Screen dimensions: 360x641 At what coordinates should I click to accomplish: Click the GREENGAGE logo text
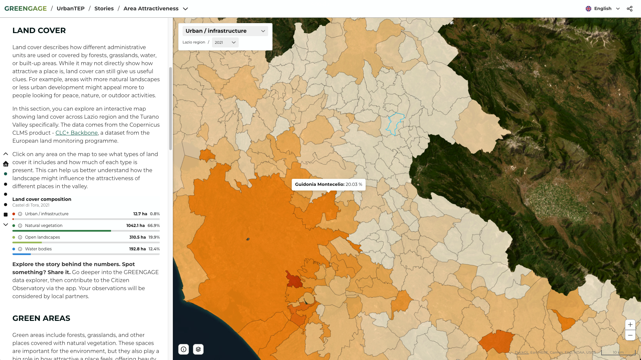coord(25,9)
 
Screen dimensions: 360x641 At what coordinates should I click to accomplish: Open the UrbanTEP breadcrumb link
coord(71,9)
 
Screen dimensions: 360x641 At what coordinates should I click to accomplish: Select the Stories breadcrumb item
coord(104,9)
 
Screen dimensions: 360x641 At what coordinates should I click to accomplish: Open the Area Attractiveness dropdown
coord(155,9)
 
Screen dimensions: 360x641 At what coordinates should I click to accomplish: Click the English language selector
coord(603,9)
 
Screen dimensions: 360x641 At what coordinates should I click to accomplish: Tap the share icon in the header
coord(630,9)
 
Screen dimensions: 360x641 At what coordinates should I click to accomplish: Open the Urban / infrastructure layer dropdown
coord(225,31)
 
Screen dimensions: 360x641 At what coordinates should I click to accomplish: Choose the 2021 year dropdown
coord(225,42)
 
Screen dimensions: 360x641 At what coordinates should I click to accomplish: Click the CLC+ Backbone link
coord(77,133)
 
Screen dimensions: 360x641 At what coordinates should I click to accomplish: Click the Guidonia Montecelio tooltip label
coord(328,185)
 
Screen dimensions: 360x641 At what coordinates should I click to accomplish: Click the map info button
coord(184,349)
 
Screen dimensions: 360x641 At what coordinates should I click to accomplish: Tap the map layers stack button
coord(198,349)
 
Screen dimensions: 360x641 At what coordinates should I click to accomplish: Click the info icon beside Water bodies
coord(20,249)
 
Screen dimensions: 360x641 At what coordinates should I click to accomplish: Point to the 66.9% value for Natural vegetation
coord(153,226)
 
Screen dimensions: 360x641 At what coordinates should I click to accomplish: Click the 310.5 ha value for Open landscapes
coord(137,237)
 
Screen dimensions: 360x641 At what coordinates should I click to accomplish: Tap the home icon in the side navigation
coord(6,164)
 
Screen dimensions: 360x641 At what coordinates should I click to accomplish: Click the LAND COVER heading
coord(39,30)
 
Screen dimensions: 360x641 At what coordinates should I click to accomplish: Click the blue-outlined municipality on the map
coord(395,123)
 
